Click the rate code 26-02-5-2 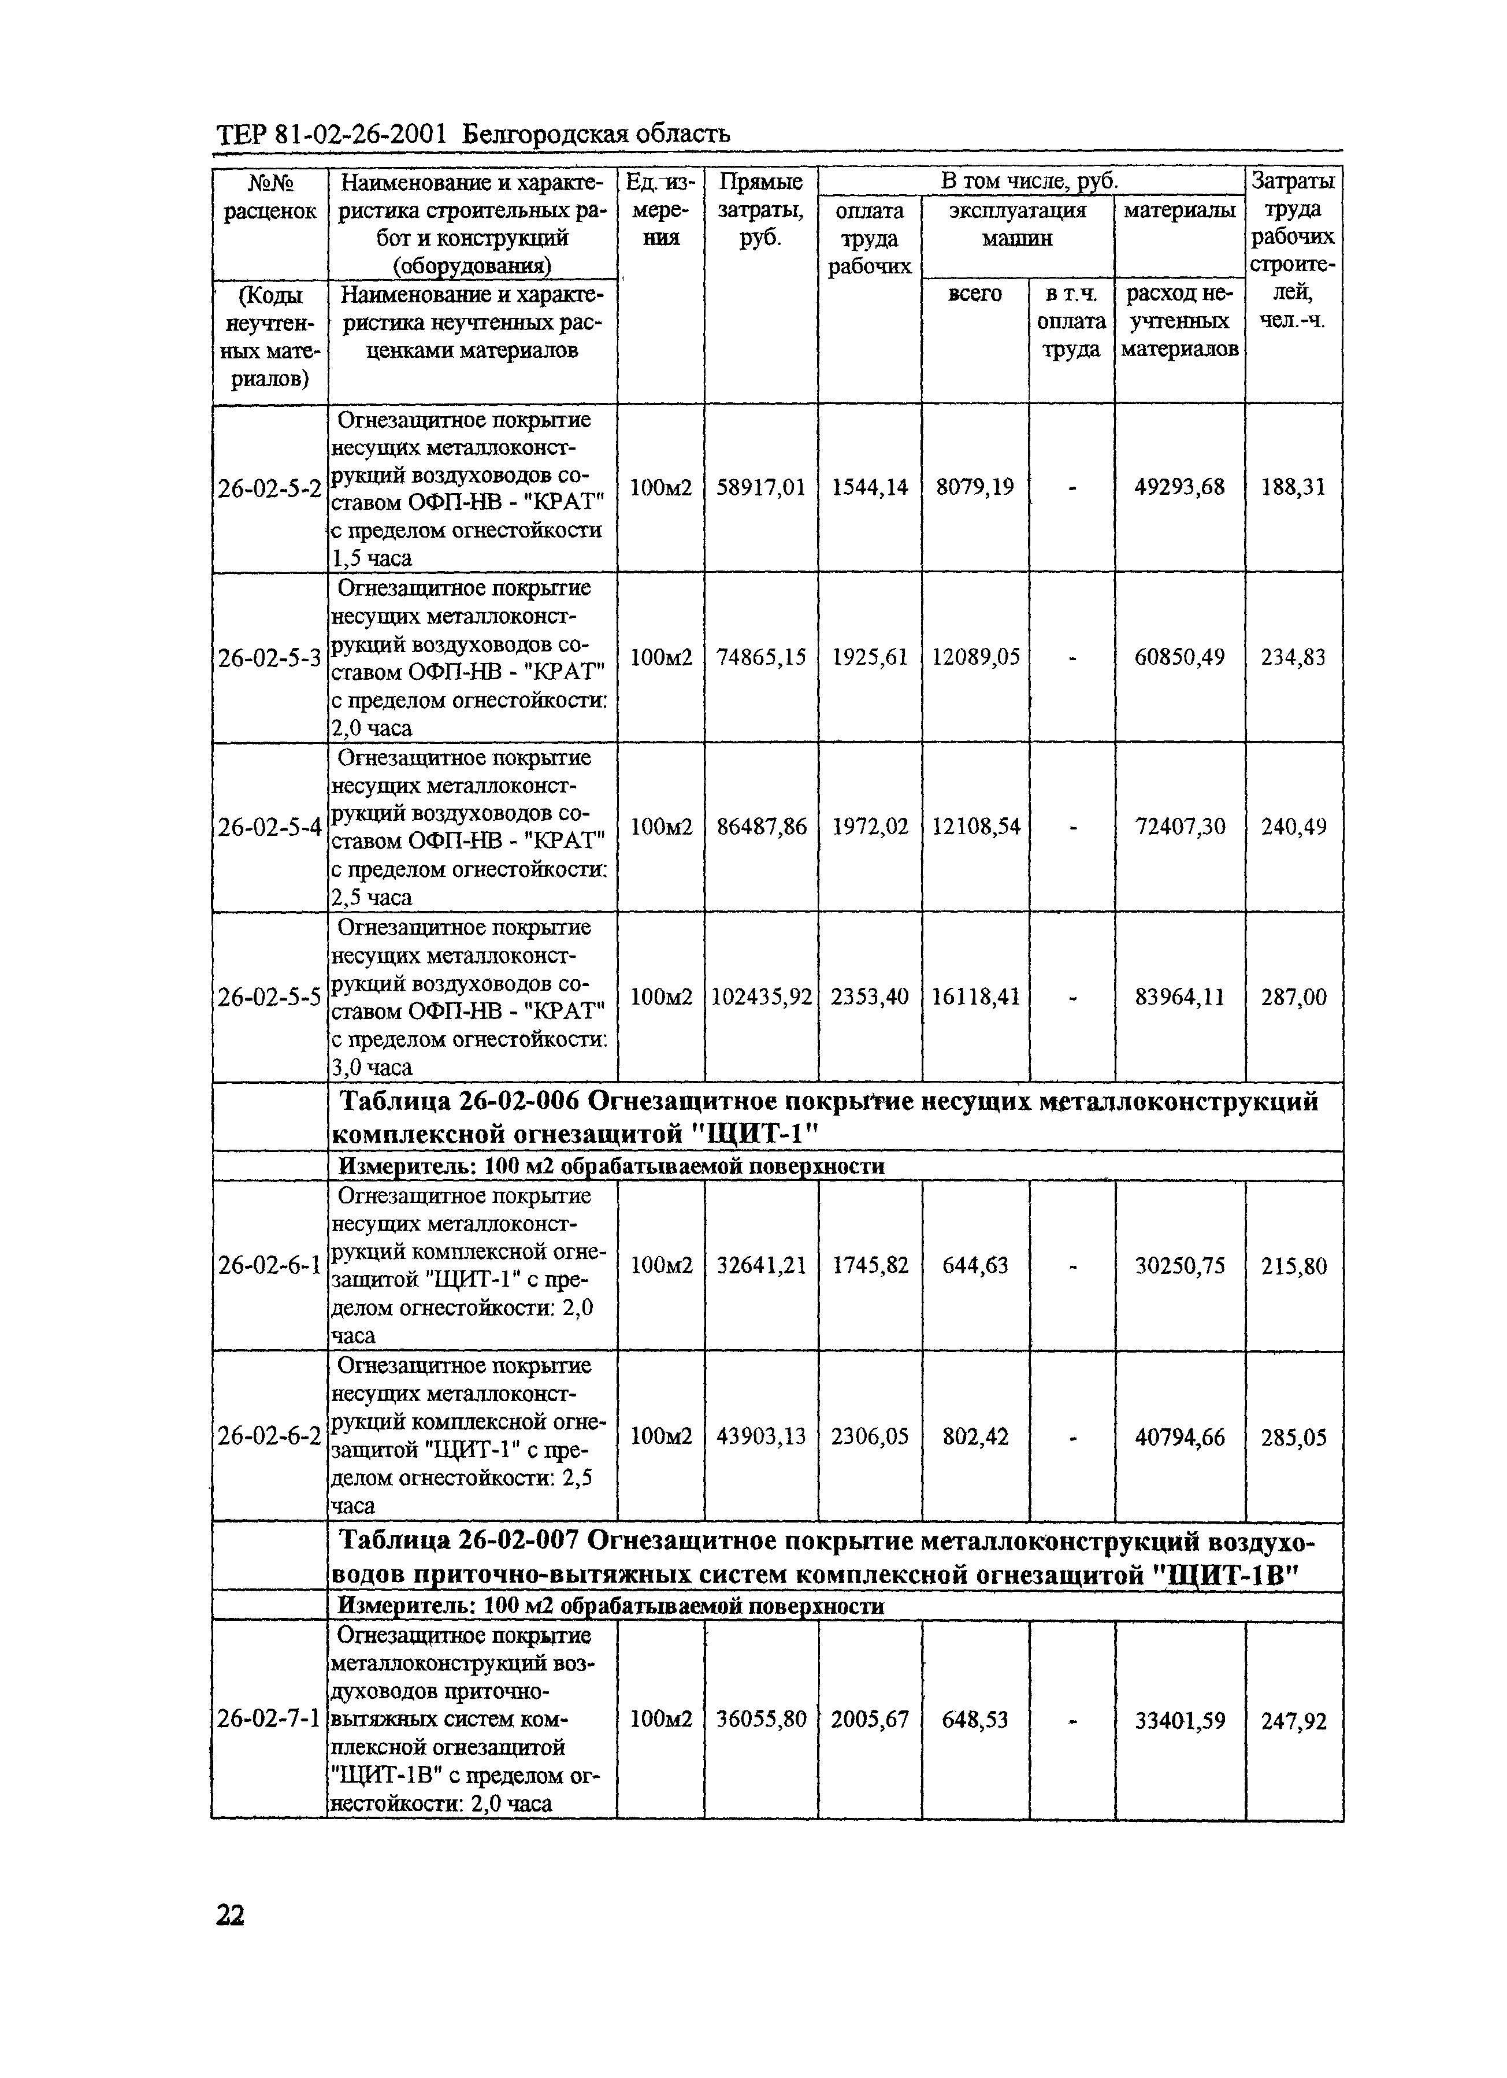click(x=269, y=488)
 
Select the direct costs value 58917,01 click(x=760, y=487)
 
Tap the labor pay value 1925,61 click(x=870, y=657)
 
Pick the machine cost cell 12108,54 click(x=975, y=827)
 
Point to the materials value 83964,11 click(x=1179, y=996)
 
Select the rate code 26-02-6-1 click(x=269, y=1265)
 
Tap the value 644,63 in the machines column click(x=975, y=1265)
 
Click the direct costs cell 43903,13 click(x=760, y=1436)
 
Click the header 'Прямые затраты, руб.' click(x=760, y=210)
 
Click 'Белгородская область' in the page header click(x=596, y=135)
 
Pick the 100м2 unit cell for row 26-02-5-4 click(x=660, y=827)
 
